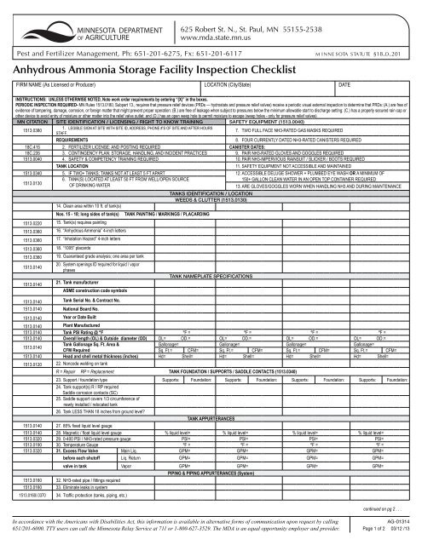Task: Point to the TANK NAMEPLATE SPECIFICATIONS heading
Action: tap(210, 278)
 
